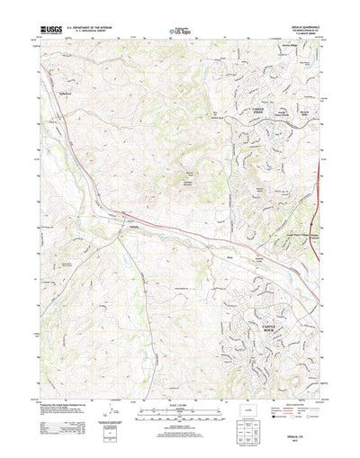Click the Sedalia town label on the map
tap(132, 228)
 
